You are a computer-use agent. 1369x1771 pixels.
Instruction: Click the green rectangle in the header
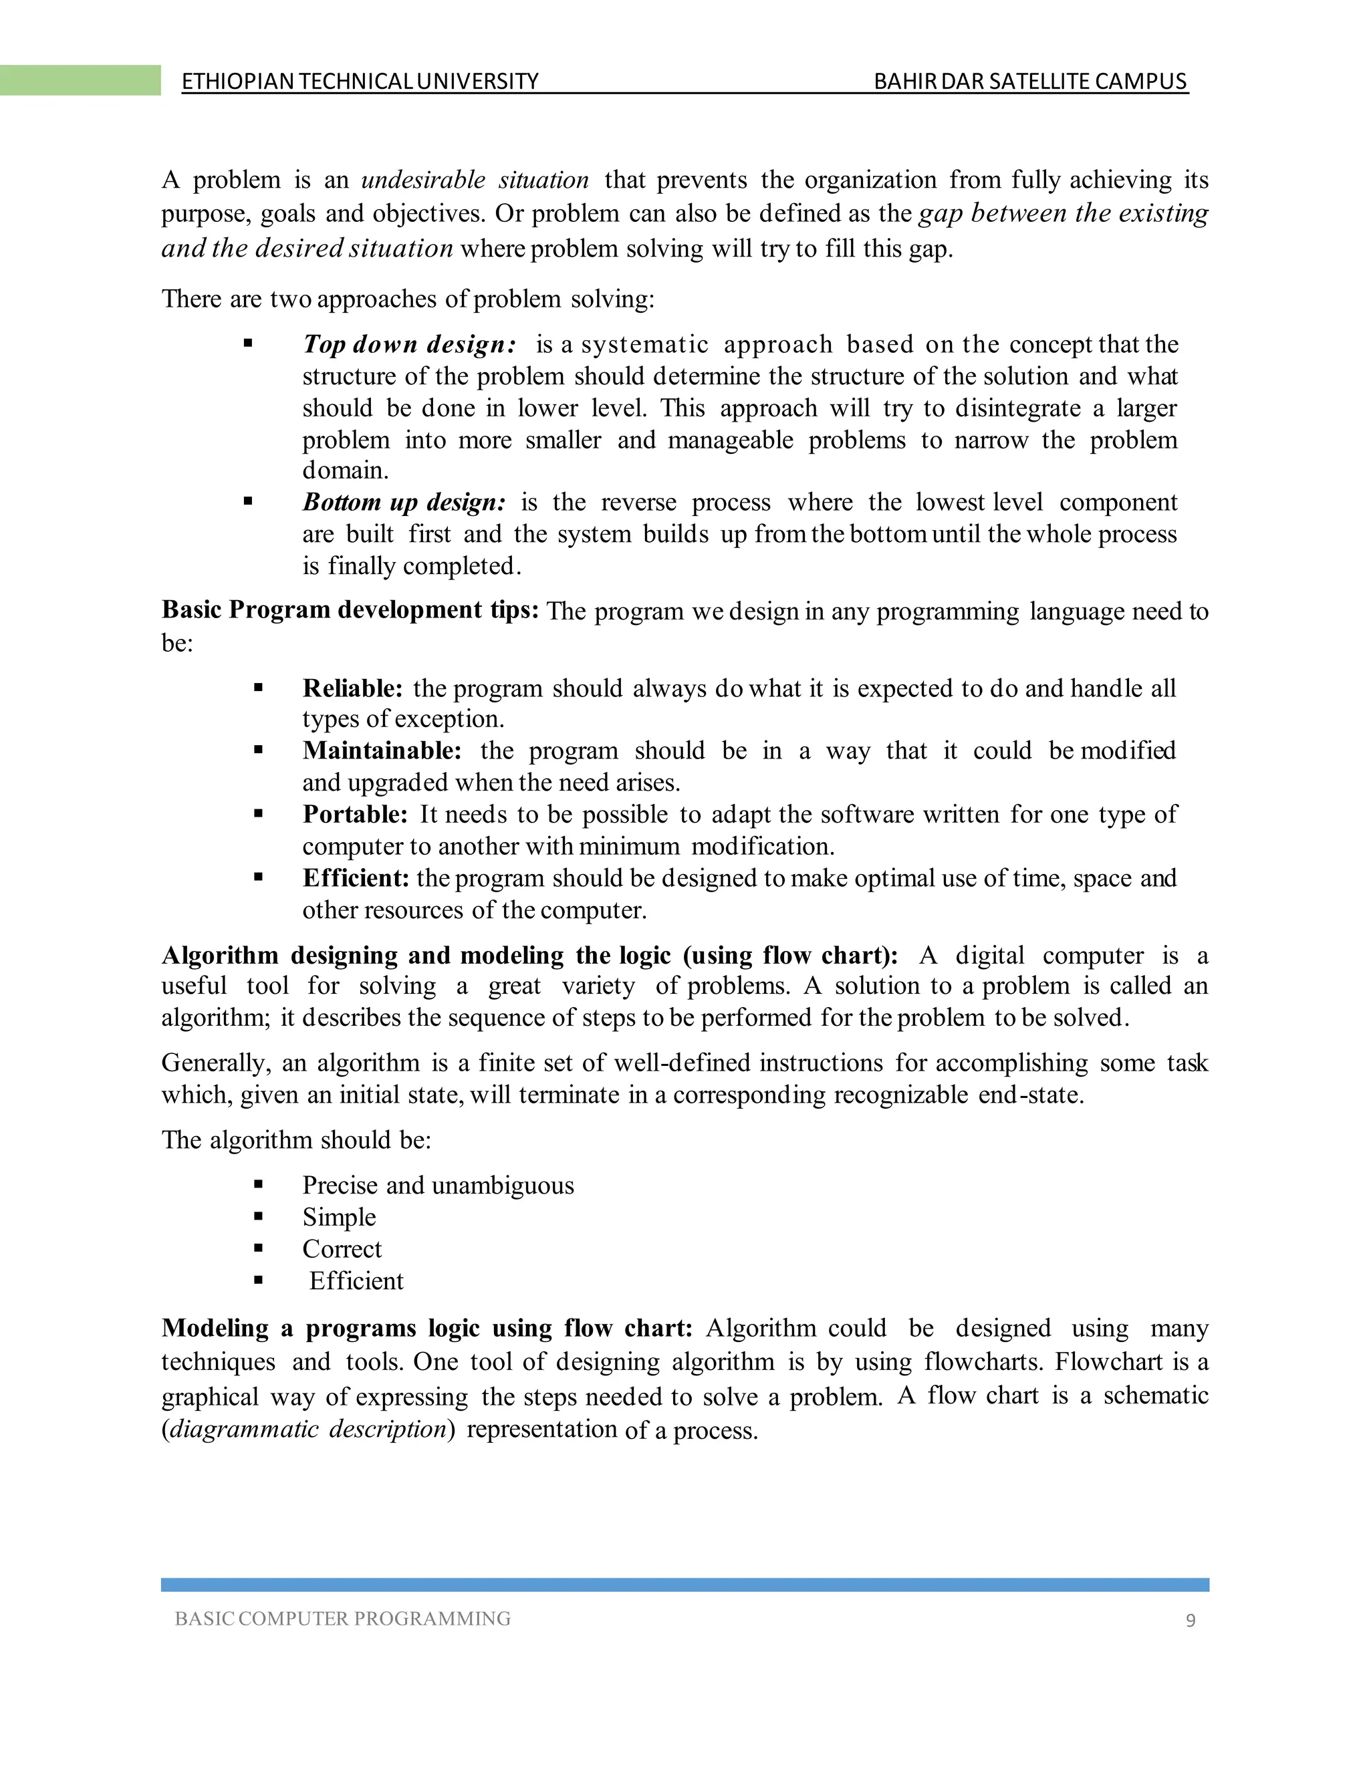(80, 80)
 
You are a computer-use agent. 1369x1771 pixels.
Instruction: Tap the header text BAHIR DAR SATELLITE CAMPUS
(1030, 81)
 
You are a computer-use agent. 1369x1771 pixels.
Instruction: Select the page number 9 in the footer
(1191, 1620)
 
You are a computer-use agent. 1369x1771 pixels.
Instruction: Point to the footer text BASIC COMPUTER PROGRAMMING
(342, 1619)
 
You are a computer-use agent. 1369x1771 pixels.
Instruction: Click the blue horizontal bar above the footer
(684, 1585)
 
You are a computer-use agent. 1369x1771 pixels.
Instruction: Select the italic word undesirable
(422, 179)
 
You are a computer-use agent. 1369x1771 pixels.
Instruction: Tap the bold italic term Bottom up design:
(404, 502)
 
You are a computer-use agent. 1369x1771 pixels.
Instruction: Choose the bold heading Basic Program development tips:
(350, 609)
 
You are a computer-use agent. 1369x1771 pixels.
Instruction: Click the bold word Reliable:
(352, 688)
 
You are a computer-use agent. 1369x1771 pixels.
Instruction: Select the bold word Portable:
(354, 813)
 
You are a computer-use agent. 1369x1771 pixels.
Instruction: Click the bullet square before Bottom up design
(248, 502)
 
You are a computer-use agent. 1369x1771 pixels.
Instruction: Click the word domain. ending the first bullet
(346, 470)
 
